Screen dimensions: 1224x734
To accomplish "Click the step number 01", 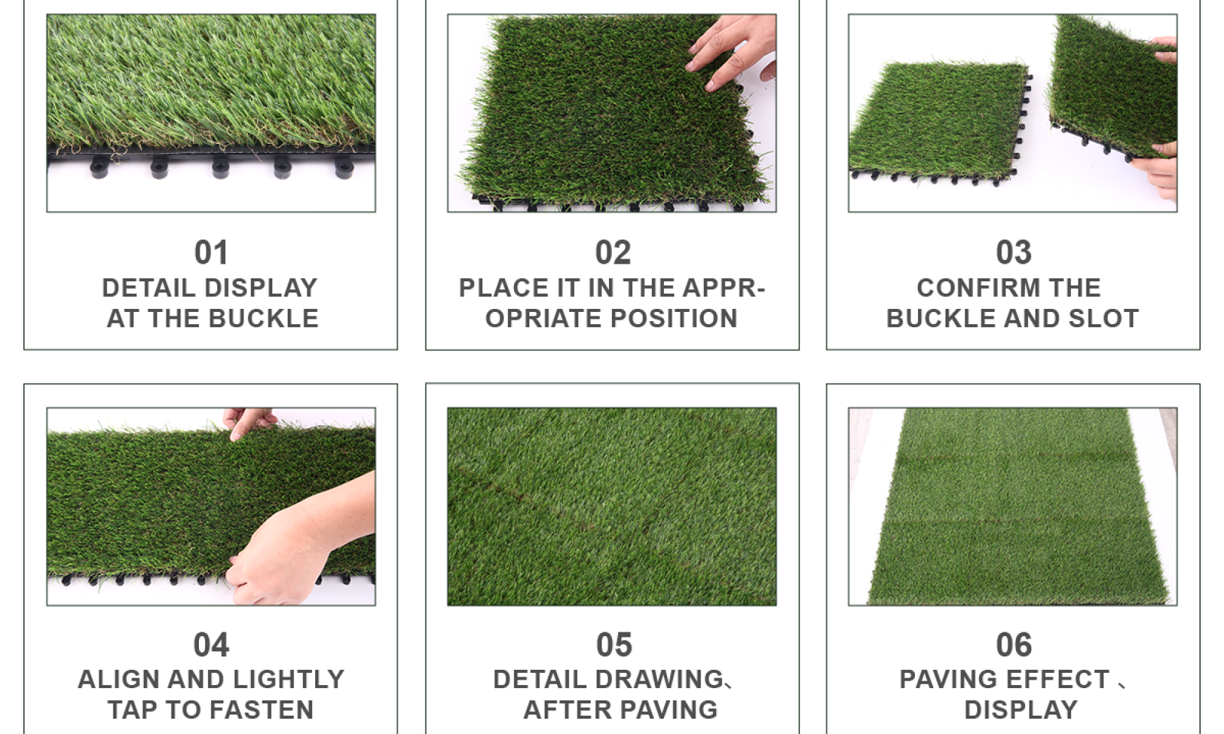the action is click(211, 252).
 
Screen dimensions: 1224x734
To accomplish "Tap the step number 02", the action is click(613, 252).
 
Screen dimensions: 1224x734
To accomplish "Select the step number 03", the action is click(1014, 252).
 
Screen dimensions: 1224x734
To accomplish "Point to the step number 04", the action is click(211, 645).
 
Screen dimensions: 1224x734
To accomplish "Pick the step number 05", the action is click(614, 645).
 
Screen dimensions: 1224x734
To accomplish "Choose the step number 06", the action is click(1014, 645).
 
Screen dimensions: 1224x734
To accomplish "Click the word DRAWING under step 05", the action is click(659, 680).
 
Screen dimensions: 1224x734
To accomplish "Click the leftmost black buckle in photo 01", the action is click(99, 167).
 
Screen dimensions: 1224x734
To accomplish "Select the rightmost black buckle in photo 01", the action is click(344, 167).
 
